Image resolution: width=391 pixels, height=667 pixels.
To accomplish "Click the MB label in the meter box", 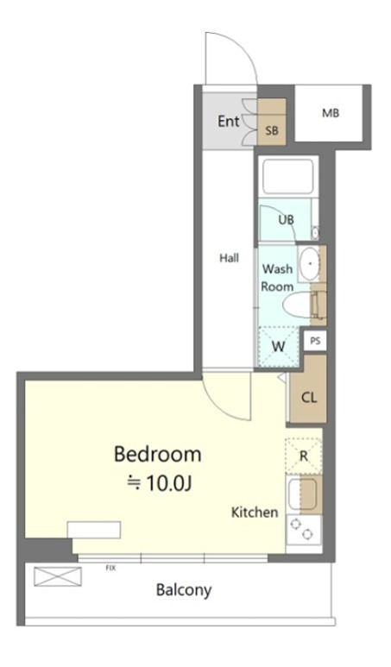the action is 331,113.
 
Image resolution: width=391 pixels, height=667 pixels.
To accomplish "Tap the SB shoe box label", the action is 272,130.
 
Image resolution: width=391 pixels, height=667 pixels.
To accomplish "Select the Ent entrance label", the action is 229,122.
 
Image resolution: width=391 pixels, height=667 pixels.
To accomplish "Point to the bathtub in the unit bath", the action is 287,176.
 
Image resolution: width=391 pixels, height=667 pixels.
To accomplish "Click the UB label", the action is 286,220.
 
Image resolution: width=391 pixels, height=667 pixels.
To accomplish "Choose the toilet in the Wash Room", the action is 304,304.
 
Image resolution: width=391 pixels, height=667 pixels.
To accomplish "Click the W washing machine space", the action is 279,347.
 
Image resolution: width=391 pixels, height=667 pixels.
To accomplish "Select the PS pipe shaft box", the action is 315,341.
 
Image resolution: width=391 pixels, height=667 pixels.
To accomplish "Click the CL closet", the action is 308,398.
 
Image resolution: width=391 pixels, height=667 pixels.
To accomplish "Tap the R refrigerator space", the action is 304,456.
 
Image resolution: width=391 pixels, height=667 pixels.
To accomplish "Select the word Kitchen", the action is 255,513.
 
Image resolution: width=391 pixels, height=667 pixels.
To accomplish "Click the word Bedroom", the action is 157,455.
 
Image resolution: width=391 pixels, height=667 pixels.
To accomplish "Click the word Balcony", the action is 184,590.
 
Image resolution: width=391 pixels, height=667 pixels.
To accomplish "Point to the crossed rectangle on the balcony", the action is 58,576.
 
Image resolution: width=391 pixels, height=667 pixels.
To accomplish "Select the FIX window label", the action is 110,569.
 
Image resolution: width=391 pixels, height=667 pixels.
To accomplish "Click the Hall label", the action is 229,258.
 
